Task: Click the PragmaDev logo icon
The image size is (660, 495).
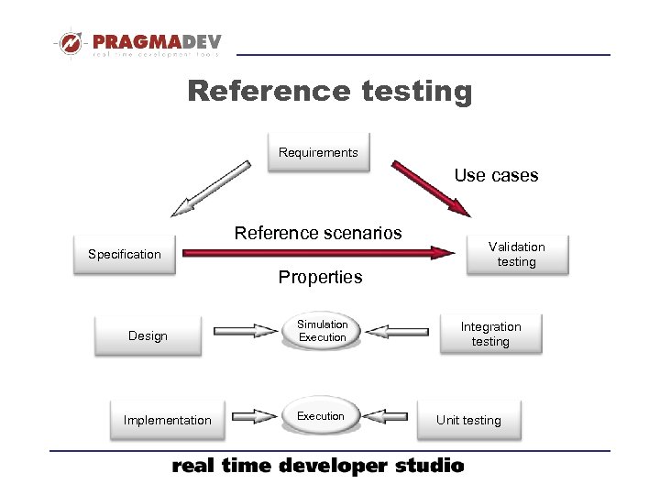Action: [x=70, y=43]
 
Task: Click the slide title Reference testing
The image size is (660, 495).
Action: [x=330, y=92]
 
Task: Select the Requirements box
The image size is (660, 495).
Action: [x=318, y=152]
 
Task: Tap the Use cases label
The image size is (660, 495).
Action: [x=496, y=175]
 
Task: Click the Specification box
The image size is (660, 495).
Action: [x=125, y=254]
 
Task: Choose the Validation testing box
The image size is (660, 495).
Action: [x=516, y=254]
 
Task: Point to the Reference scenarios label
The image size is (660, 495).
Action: [x=318, y=233]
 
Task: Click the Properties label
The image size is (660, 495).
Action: [x=320, y=277]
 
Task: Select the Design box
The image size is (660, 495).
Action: [x=148, y=335]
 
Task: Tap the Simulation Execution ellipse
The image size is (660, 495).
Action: [x=322, y=331]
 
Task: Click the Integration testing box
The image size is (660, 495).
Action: [x=490, y=334]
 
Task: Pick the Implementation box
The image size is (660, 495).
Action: [x=167, y=420]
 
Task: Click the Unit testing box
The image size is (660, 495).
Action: [x=468, y=420]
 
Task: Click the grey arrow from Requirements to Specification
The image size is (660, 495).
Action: [x=210, y=188]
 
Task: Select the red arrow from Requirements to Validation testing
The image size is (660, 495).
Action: [x=432, y=188]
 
